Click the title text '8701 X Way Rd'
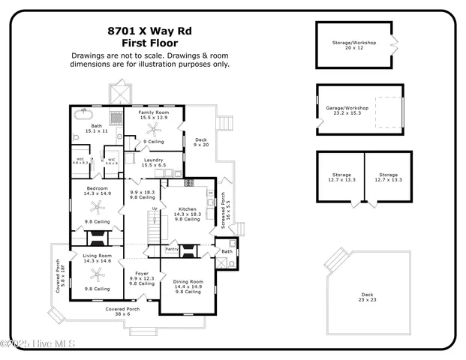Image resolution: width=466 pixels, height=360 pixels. pos(150,31)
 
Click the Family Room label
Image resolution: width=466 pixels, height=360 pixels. pos(152,115)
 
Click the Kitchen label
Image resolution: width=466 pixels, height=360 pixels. pos(187,211)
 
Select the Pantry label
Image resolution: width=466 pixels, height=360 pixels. pos(171,249)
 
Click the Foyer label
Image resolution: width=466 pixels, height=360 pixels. pos(142,276)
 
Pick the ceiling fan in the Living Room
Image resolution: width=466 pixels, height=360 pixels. pos(96,274)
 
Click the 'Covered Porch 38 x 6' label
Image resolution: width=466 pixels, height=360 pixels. pos(122,311)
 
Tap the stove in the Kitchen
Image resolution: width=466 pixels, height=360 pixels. pos(188,183)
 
